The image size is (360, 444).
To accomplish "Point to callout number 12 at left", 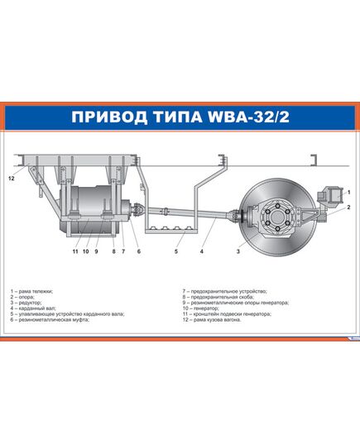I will point(11,179).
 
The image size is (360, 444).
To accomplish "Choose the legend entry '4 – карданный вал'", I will point(36,308).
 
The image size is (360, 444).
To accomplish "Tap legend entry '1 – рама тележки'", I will point(33,291).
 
